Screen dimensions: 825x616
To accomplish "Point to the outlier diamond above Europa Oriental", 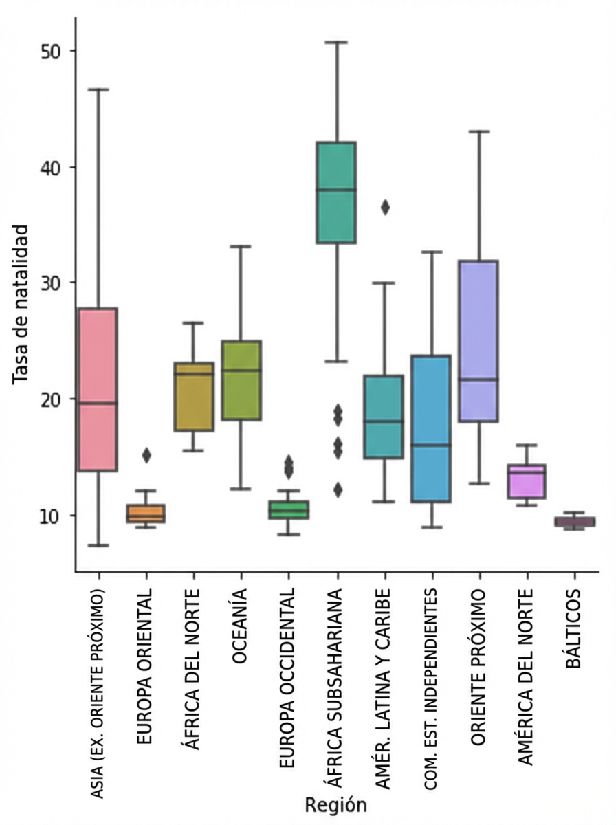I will click(x=146, y=454).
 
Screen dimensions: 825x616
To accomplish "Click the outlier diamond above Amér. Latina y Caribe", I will click(x=385, y=208).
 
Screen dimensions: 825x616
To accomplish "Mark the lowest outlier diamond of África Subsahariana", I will click(x=337, y=489).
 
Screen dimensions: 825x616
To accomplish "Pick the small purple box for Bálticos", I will click(x=575, y=522).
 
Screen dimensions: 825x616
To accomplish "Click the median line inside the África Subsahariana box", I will click(x=335, y=189).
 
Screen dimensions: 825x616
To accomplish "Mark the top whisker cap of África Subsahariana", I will click(x=336, y=42).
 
